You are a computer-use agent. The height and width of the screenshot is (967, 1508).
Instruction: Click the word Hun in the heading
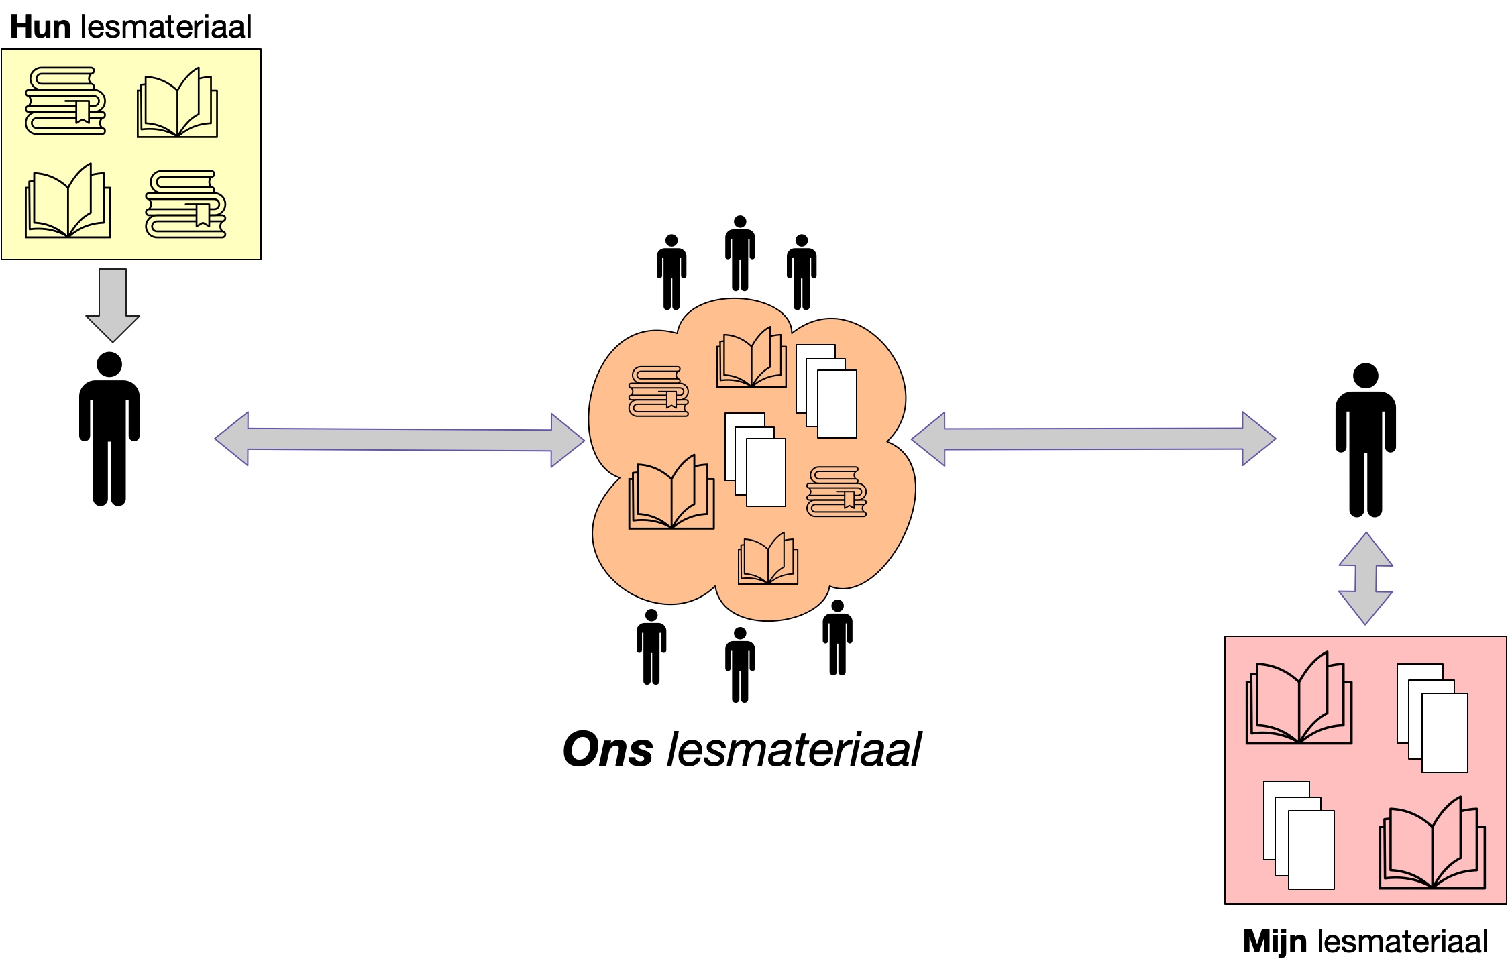(40, 27)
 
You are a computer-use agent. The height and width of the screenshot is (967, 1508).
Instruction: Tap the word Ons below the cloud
(608, 750)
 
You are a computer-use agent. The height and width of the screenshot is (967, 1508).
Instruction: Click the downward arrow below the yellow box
(113, 305)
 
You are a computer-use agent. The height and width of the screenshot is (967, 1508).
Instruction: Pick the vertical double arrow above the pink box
(1366, 578)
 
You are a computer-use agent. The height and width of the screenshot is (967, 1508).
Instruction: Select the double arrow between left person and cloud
(400, 439)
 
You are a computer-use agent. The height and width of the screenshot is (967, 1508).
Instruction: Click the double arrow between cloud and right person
(1093, 439)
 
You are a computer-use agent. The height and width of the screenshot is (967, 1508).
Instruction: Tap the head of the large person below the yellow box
(109, 365)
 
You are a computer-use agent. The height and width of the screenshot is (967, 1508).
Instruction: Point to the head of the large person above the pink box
(1366, 376)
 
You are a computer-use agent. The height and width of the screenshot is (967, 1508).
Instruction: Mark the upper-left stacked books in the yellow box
(65, 101)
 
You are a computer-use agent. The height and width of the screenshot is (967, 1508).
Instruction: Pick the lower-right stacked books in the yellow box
(186, 204)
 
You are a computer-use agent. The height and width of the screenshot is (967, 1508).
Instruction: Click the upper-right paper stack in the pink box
(1432, 718)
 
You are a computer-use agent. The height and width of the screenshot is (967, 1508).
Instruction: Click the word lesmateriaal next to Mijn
(1403, 942)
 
